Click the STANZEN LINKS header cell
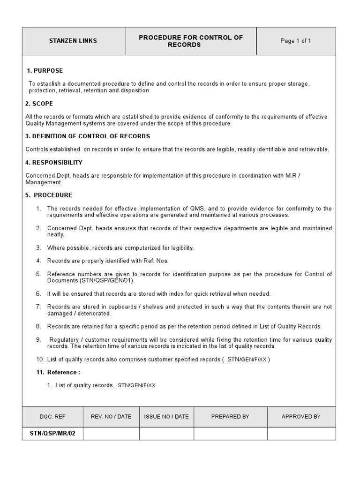[x=73, y=41]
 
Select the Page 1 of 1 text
[x=295, y=41]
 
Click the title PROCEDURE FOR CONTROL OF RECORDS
[x=191, y=41]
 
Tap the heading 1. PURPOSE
[x=45, y=71]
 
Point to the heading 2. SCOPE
[x=39, y=104]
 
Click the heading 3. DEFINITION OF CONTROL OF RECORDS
[x=88, y=136]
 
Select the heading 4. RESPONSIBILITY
[x=54, y=163]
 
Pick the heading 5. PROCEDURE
[x=49, y=195]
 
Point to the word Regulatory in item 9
[x=64, y=340]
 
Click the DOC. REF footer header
[x=52, y=416]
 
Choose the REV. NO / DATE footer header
[x=111, y=416]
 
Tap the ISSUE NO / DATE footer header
[x=166, y=416]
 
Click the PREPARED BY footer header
[x=230, y=416]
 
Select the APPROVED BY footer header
[x=301, y=416]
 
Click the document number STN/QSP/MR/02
[x=52, y=434]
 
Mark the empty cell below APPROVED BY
[x=301, y=434]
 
